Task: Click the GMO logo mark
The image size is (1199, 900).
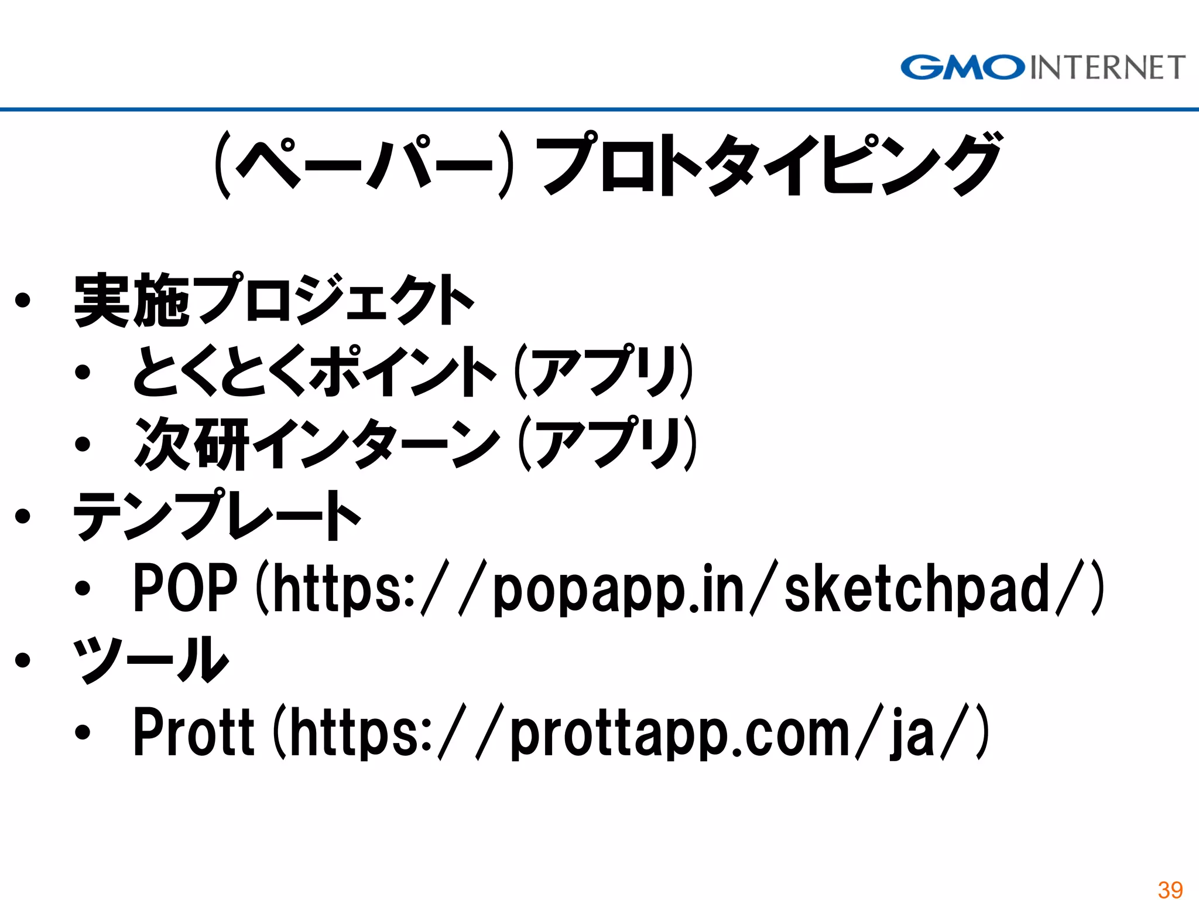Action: click(x=962, y=67)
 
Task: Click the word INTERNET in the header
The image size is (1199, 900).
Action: click(x=1107, y=67)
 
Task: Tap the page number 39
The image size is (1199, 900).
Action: click(x=1170, y=889)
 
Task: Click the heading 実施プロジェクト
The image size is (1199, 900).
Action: click(x=273, y=300)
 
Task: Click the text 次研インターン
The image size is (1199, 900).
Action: click(x=317, y=444)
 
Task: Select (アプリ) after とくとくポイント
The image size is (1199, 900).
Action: click(x=604, y=371)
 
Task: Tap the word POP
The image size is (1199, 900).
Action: click(x=185, y=588)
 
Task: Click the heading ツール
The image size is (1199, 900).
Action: click(x=150, y=660)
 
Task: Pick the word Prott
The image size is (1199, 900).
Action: click(x=194, y=732)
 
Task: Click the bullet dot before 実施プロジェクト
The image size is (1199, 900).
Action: click(x=23, y=301)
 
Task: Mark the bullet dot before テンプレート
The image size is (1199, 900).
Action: click(x=23, y=516)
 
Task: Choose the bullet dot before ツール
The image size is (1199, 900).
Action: click(x=23, y=660)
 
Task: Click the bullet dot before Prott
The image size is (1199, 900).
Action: click(x=83, y=732)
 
